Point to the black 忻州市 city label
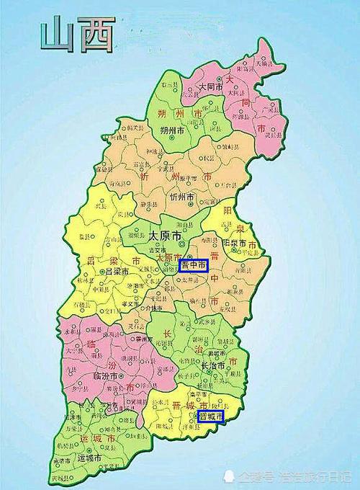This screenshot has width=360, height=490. coord(183,196)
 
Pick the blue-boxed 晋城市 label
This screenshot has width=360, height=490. coord(210,416)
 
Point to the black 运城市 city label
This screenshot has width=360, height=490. coord(94,457)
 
